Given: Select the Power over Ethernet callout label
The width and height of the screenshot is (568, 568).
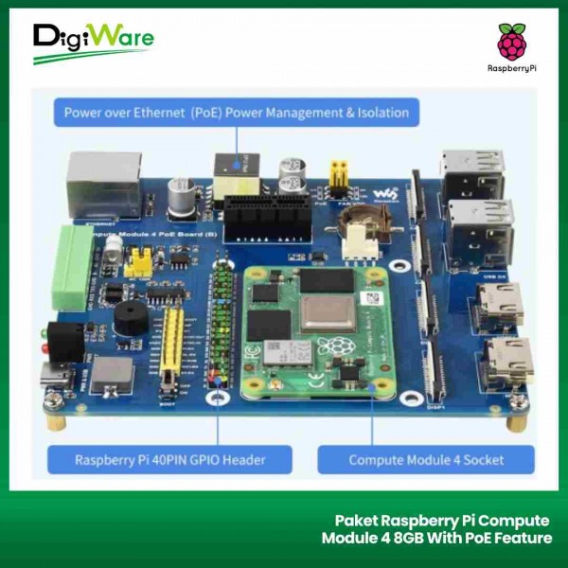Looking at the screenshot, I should [x=236, y=113].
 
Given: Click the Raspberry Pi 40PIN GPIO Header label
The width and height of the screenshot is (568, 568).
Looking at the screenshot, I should [x=169, y=460].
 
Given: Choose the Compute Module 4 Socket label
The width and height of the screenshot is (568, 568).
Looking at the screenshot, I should [x=426, y=460].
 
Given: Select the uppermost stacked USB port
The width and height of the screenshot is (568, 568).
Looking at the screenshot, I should [x=471, y=169].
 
